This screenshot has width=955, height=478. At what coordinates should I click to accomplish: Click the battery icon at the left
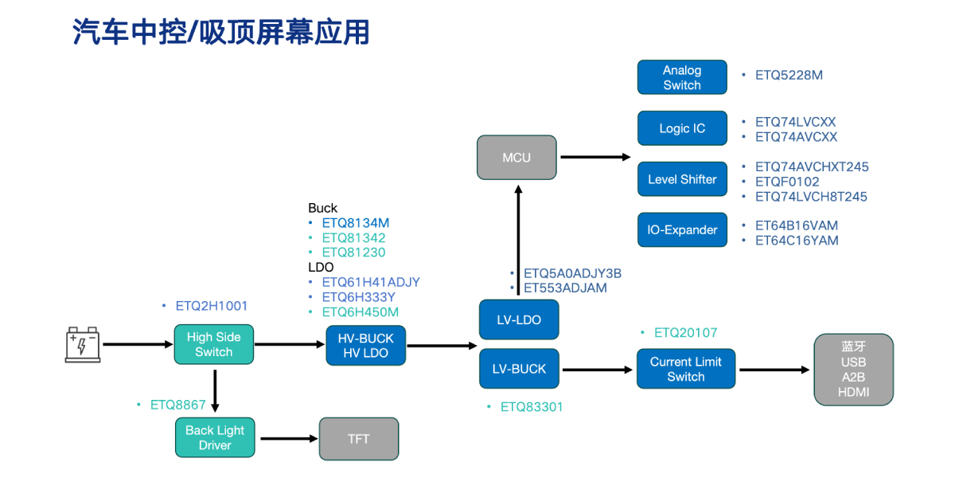[83, 344]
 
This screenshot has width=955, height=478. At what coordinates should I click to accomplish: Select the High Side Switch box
[213, 344]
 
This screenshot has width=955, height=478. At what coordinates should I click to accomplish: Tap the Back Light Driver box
[215, 437]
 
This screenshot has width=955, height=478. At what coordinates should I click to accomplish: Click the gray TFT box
[358, 438]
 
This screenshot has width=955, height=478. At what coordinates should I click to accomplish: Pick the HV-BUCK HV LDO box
[365, 345]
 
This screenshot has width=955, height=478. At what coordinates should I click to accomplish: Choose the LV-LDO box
[519, 319]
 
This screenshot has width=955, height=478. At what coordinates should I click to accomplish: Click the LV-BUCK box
[519, 369]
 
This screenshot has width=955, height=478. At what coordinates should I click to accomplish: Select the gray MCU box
[516, 157]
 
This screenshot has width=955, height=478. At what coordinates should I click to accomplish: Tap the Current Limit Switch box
[685, 369]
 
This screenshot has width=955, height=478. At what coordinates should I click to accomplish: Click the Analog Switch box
[682, 77]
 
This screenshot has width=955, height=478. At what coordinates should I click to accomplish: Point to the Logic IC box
[682, 128]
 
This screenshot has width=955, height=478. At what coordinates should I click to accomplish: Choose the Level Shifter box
[682, 179]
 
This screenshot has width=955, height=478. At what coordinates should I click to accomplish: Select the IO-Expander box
[682, 229]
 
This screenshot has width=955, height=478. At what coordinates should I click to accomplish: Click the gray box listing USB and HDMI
[853, 369]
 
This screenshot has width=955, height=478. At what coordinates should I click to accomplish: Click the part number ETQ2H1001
[212, 305]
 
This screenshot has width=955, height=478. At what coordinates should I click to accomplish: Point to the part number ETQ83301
[532, 406]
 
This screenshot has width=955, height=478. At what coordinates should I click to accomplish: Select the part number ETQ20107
[685, 332]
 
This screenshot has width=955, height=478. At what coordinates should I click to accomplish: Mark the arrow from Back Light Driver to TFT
[287, 438]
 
